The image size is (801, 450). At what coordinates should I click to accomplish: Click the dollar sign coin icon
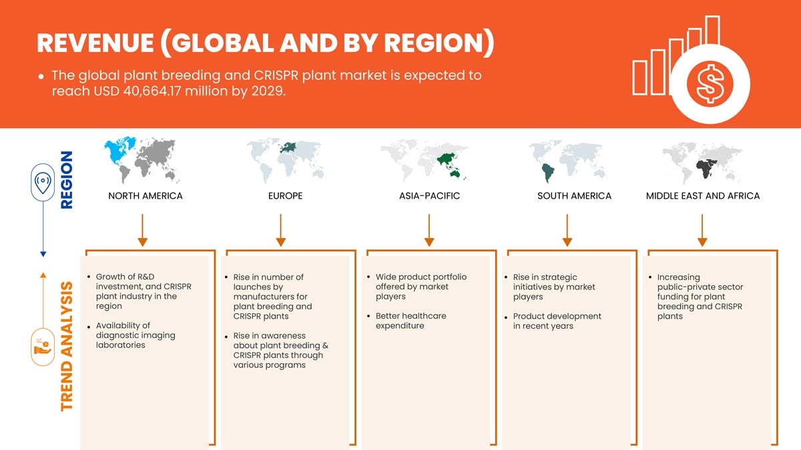coord(710,84)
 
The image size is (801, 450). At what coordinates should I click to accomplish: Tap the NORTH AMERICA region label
coord(146,196)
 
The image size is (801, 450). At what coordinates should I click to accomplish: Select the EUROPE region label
coord(286,196)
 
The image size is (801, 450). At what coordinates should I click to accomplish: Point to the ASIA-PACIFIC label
coord(429,196)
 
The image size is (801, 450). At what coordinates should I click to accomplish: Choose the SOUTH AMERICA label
coord(574,196)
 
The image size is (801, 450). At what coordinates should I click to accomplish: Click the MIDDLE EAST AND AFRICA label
coord(703,196)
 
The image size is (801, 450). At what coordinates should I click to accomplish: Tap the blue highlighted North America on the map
coord(119,151)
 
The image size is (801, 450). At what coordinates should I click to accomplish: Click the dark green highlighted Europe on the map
coord(288,147)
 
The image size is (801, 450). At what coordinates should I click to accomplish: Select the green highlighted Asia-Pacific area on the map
coord(449,164)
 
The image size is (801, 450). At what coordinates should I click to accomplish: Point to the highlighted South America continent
coord(548,173)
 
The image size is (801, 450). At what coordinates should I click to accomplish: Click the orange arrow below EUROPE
coord(281,231)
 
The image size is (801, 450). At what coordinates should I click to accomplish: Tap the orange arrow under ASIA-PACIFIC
coord(429,231)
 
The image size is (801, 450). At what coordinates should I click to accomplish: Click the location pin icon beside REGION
coord(43,183)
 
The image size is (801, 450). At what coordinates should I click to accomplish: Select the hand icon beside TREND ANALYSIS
coord(43,347)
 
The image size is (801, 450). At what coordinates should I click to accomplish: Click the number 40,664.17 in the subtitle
coord(152,91)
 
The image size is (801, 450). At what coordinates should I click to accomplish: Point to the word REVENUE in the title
coord(95,43)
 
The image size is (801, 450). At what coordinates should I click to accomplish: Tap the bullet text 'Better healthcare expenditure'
coord(411,321)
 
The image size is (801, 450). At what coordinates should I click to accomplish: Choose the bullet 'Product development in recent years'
coord(557,321)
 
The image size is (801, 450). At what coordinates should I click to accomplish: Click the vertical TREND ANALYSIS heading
coord(67,346)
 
